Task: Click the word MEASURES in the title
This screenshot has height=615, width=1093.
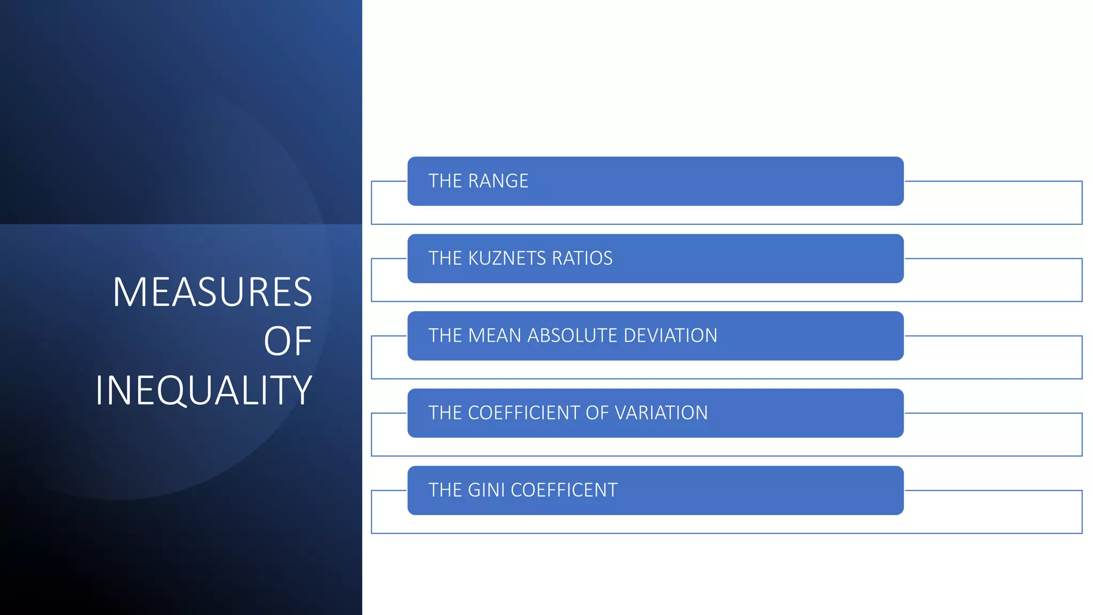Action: pos(212,292)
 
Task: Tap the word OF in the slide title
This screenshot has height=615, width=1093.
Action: pos(288,342)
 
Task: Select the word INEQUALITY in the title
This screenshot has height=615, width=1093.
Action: pos(203,391)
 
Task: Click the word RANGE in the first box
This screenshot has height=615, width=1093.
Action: pos(498,181)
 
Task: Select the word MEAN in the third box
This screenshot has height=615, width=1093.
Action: pos(495,336)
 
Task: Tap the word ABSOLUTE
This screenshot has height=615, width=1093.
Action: pos(572,336)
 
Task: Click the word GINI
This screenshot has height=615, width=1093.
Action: pos(486,490)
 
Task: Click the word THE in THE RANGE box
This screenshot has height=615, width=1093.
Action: pos(445,181)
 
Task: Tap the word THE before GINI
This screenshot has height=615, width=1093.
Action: pos(445,490)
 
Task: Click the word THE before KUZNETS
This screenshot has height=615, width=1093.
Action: pos(445,258)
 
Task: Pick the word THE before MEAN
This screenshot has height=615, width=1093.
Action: pos(445,336)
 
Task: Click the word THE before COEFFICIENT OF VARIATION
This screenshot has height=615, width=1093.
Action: pos(445,413)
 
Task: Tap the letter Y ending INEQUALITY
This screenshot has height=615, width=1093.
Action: pos(303,391)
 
